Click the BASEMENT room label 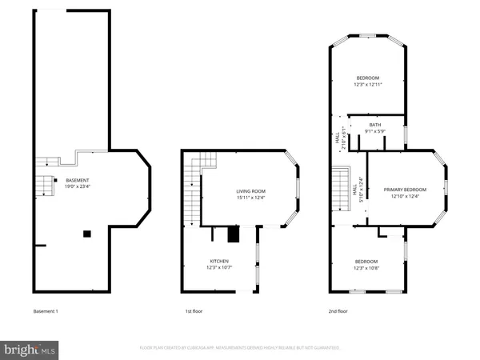pos(78,180)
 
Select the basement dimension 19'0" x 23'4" pos(78,186)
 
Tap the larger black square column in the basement pos(86,233)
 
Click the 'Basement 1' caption pos(46,310)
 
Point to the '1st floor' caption pos(193,310)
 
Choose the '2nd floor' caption pos(338,310)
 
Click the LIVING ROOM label pos(250,191)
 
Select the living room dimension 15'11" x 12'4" pos(250,198)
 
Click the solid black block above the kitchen pos(234,234)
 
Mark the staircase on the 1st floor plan pos(193,192)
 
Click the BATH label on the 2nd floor pos(375,125)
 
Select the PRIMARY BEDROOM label pos(405,190)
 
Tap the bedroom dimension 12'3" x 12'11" pos(369,84)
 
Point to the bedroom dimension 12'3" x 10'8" pos(367,268)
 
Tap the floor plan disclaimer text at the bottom pos(240,348)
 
